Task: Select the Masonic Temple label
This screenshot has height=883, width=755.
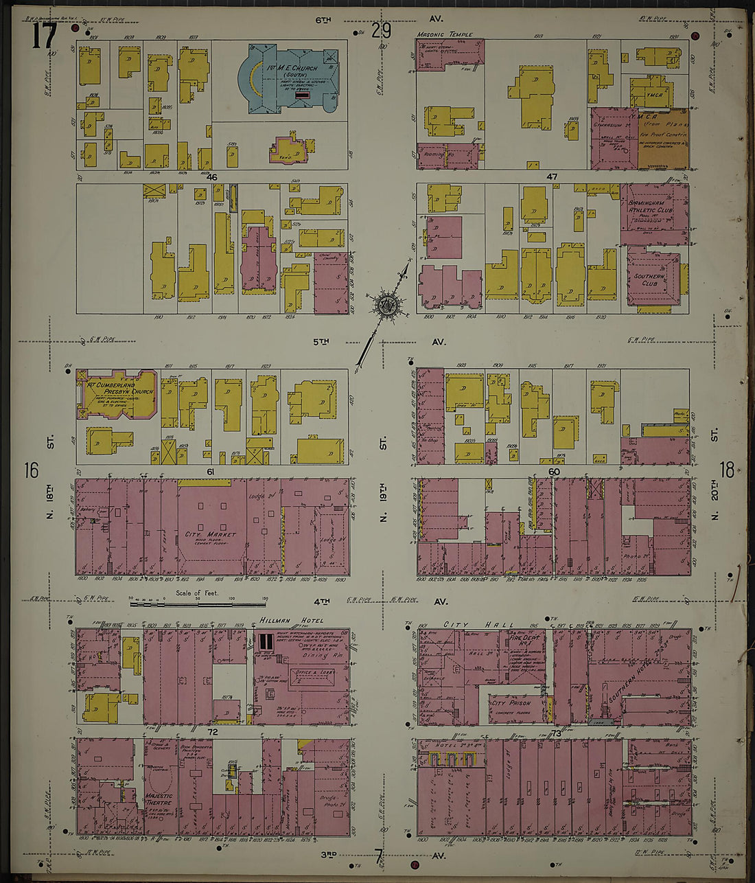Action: click(x=440, y=34)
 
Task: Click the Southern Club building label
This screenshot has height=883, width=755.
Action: click(x=649, y=281)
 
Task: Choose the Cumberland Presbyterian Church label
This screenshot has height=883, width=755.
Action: click(x=119, y=388)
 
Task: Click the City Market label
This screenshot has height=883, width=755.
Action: click(x=210, y=534)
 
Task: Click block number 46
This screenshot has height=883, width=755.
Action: click(x=211, y=177)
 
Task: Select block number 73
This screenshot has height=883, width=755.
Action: click(x=555, y=733)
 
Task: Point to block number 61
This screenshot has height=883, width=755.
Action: click(x=211, y=472)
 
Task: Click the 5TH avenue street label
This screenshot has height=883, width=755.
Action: click(x=321, y=341)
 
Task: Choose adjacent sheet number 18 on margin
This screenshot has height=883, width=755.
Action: click(x=726, y=470)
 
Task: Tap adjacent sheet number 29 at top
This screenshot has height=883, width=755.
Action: click(x=381, y=30)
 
